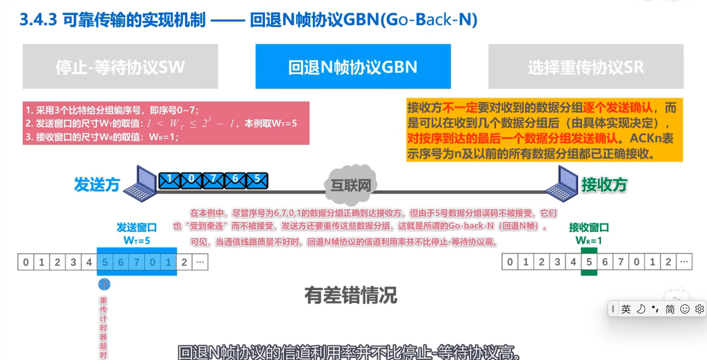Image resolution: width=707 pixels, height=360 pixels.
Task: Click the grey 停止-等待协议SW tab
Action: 120,67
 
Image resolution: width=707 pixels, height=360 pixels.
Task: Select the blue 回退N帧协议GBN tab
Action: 353,67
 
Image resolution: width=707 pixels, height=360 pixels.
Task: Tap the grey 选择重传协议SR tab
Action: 586,67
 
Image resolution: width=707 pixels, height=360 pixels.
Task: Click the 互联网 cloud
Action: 351,185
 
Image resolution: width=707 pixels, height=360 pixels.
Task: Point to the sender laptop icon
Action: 141,184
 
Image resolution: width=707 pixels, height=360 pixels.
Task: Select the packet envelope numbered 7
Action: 213,181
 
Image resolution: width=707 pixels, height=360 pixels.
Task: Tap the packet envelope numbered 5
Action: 257,181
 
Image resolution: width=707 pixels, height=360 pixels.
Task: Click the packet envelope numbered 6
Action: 235,181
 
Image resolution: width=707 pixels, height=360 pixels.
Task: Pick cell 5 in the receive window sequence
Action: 589,262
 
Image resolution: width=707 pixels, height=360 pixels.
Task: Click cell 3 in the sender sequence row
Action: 73,262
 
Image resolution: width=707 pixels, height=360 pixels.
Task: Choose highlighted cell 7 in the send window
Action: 137,262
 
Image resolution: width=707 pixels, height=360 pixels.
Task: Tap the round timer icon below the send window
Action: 104,284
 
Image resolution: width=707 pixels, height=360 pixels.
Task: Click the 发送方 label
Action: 97,185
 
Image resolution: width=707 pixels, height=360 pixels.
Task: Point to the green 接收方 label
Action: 604,185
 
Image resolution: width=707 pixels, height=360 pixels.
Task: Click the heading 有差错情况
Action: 351,295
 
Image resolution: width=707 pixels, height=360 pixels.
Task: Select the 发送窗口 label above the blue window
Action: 137,228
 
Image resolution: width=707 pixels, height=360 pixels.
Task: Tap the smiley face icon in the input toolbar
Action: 685,309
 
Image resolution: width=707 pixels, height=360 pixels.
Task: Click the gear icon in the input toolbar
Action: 699,309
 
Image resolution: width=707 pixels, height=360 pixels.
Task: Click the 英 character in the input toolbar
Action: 626,309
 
